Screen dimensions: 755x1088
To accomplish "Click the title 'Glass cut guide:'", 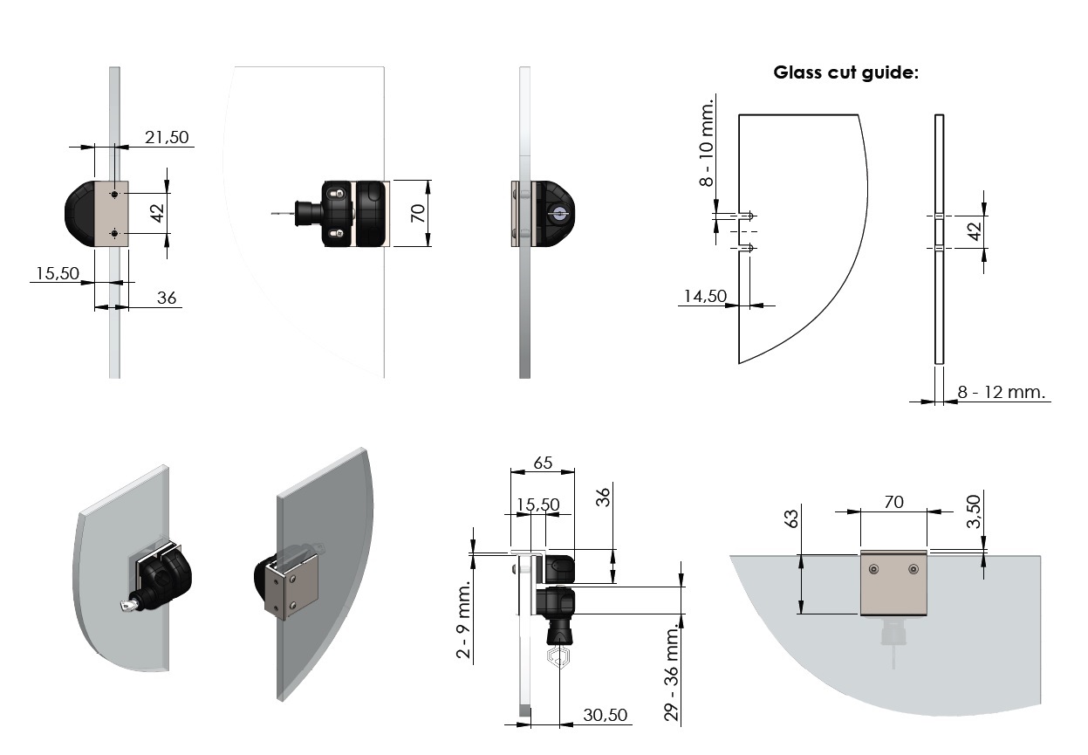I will pyautogui.click(x=845, y=72).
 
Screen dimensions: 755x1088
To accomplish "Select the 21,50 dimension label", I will pyautogui.click(x=166, y=136).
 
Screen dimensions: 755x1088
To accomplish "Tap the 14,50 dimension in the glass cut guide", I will pyautogui.click(x=704, y=296).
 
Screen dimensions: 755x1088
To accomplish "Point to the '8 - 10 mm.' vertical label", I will pyautogui.click(x=707, y=141).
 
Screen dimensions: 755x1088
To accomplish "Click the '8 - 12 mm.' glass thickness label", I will pyautogui.click(x=1001, y=392).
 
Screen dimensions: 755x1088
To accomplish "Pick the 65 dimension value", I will pyautogui.click(x=542, y=463).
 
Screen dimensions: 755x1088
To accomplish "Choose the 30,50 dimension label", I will pyautogui.click(x=605, y=715).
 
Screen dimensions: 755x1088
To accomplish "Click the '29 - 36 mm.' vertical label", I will pyautogui.click(x=671, y=671).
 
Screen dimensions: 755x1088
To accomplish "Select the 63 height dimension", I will pyautogui.click(x=792, y=519).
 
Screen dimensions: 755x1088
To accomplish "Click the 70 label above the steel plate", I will pyautogui.click(x=893, y=502).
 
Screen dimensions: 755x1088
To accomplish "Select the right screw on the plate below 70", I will pyautogui.click(x=913, y=569).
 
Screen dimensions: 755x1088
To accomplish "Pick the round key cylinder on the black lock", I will pyautogui.click(x=558, y=213).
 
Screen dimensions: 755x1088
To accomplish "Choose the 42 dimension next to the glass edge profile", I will pyautogui.click(x=975, y=230).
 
